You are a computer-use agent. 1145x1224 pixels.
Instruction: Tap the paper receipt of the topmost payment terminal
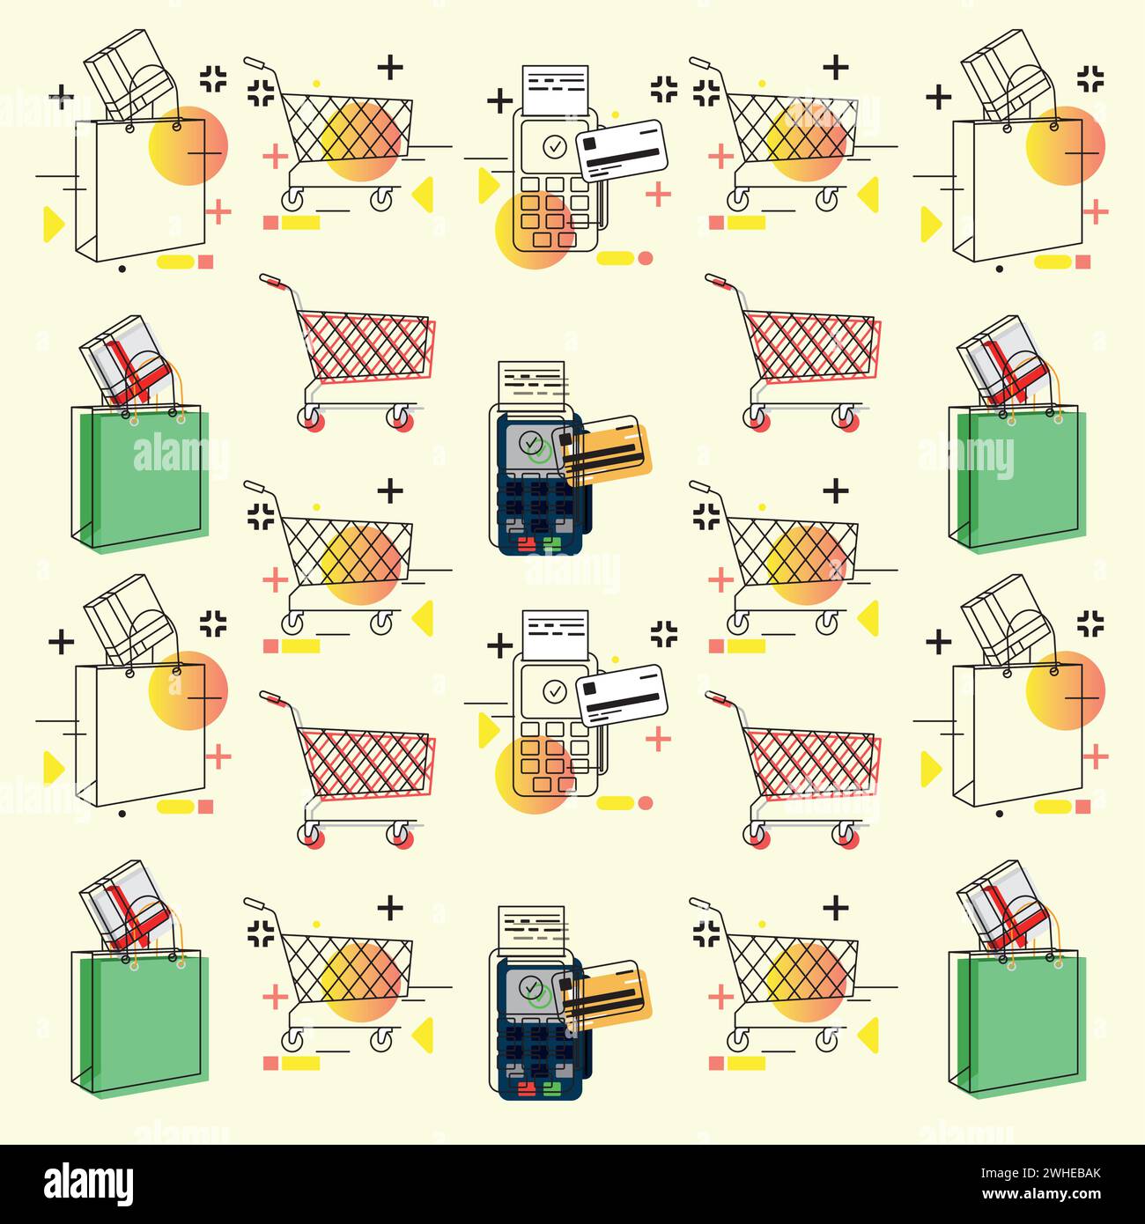(x=554, y=88)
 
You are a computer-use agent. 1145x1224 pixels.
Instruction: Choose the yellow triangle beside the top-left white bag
(x=53, y=225)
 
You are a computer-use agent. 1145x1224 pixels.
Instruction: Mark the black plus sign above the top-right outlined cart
(x=835, y=66)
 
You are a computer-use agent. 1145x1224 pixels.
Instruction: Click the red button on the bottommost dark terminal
(x=526, y=1090)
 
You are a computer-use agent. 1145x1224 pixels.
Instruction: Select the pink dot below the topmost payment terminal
(x=646, y=258)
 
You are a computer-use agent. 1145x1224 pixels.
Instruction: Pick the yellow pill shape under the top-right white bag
(x=1052, y=262)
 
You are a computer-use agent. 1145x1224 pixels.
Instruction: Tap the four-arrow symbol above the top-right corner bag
(x=1091, y=78)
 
